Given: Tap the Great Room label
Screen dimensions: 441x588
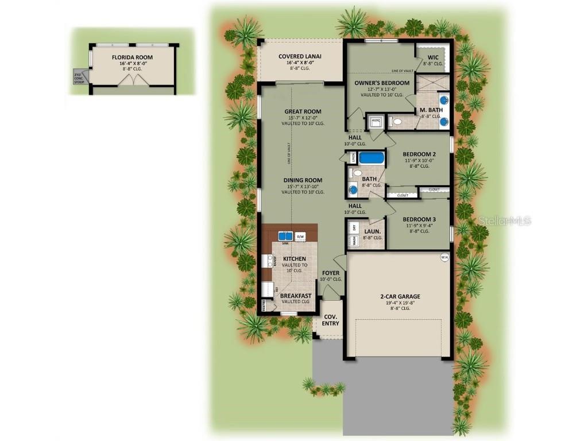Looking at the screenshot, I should coord(303,111).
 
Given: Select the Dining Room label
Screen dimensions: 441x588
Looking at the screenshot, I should coord(303,180).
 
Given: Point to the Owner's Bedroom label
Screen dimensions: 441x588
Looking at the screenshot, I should coord(382,83).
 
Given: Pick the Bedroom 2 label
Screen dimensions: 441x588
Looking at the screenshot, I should coord(419,154).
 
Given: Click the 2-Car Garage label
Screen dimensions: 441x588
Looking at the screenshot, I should coord(400,296).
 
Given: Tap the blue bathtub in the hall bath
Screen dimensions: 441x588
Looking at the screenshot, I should coord(372,158).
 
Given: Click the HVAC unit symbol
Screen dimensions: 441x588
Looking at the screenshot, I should coord(376,121).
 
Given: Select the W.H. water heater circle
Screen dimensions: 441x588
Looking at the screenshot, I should coord(444,257).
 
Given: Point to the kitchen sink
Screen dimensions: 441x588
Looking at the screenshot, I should coord(285,236).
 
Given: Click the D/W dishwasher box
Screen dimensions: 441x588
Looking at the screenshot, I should coord(300,236).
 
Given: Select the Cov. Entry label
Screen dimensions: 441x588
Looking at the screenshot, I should coord(331,320).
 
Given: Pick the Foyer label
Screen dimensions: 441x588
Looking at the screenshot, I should coord(331,273).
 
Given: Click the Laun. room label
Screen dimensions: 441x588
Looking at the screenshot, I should coord(372,231).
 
